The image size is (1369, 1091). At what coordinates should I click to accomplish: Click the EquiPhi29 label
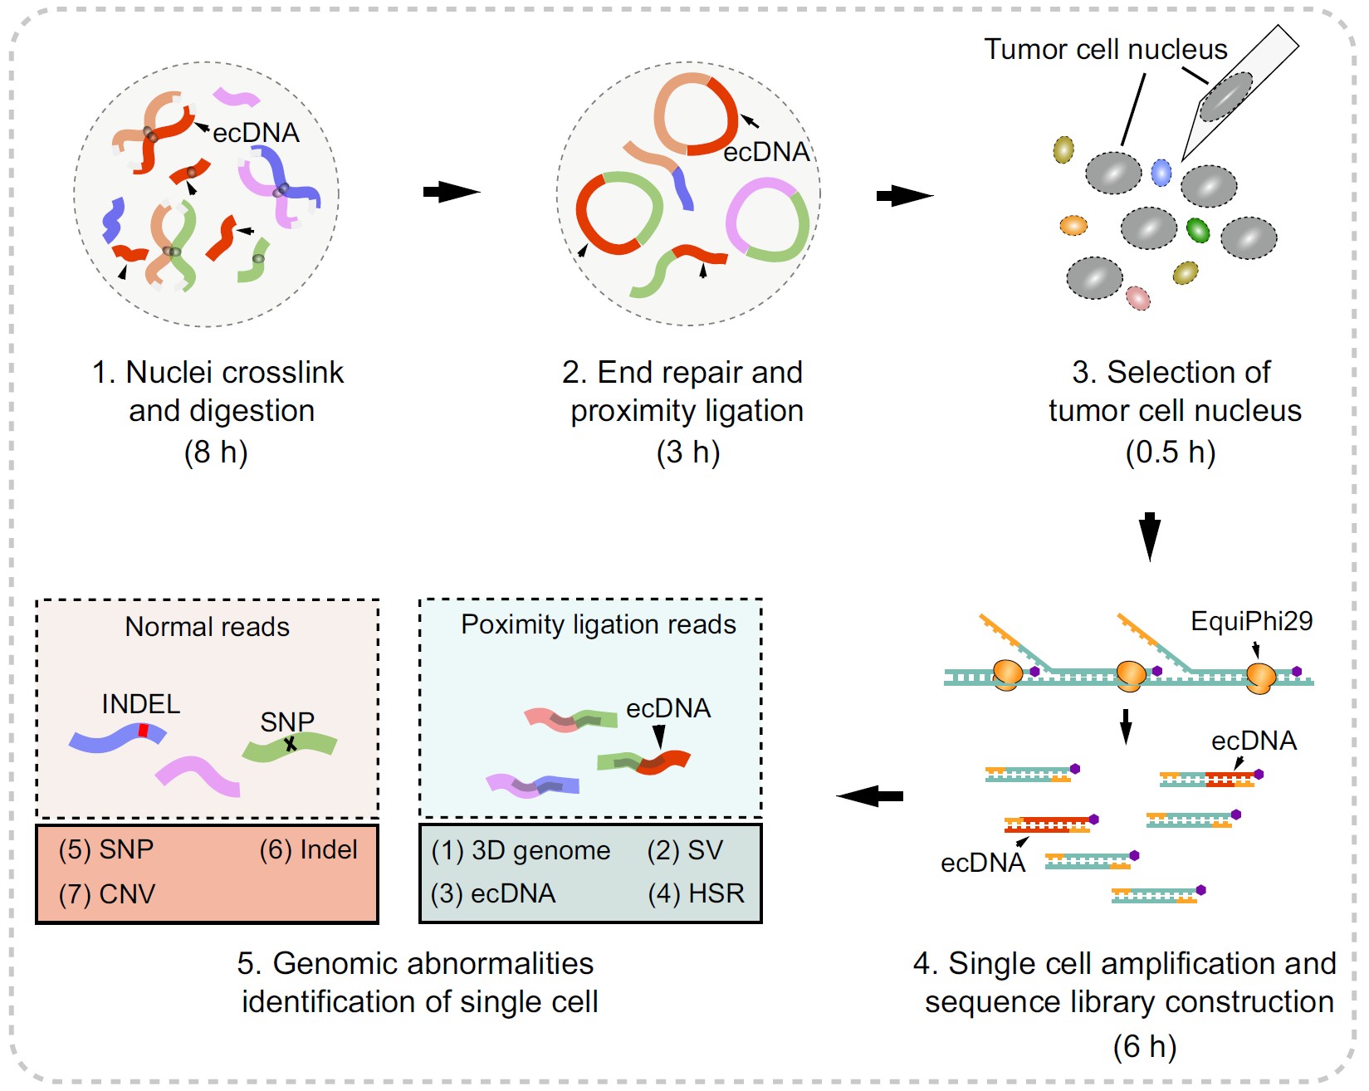click(x=1251, y=621)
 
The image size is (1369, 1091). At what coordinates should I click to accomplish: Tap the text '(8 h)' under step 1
click(x=216, y=453)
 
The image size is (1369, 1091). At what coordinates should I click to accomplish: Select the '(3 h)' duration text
click(x=687, y=453)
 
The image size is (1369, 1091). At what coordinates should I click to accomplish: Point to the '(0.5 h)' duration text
click(x=1170, y=453)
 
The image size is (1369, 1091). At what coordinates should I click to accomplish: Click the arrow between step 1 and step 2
click(x=451, y=192)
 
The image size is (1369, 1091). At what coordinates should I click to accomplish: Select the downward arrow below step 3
click(x=1150, y=536)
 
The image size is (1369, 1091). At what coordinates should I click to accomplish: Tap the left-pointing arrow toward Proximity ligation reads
click(x=869, y=796)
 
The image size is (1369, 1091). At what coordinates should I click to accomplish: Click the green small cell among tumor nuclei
click(x=1197, y=229)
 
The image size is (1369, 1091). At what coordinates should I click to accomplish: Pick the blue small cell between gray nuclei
click(x=1161, y=173)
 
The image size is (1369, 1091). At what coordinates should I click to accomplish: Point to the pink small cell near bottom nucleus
click(x=1137, y=297)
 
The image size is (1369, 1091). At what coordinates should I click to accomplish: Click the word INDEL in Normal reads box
click(x=140, y=704)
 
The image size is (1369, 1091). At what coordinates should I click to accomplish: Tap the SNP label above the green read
click(x=287, y=722)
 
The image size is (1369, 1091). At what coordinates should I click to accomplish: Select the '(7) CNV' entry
click(x=107, y=894)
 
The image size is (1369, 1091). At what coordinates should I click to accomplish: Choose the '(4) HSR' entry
click(x=696, y=893)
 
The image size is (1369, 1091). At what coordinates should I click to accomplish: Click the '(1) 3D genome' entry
click(x=521, y=851)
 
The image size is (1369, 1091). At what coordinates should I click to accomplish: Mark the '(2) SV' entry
click(x=685, y=850)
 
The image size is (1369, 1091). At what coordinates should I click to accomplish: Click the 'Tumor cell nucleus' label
click(x=1105, y=50)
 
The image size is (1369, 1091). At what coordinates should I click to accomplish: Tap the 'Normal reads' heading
click(x=207, y=627)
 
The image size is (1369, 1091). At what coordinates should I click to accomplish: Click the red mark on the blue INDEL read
click(x=144, y=731)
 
